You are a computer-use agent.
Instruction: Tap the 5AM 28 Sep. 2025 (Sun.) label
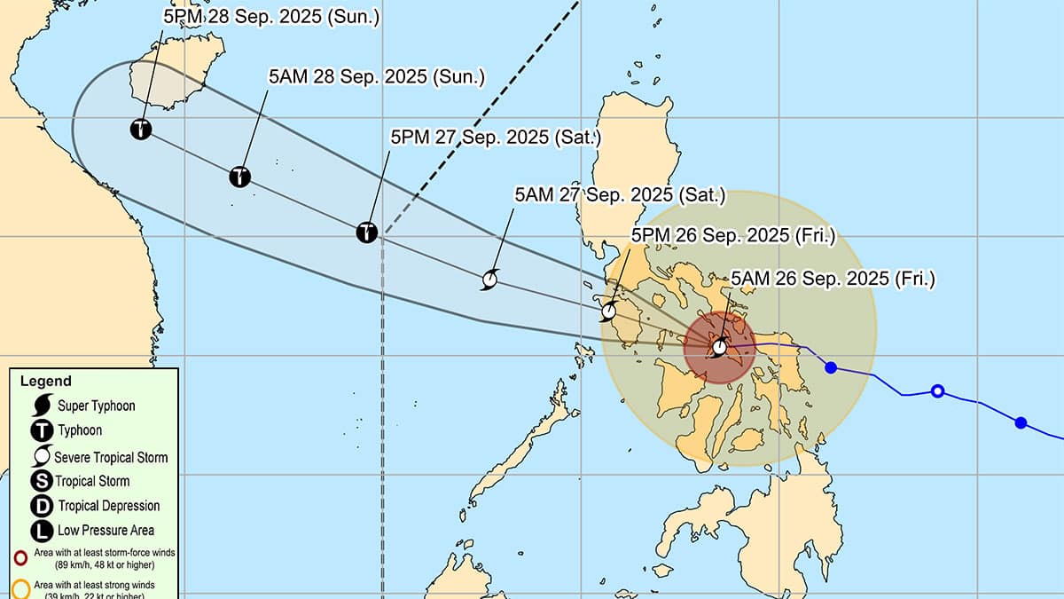tap(377, 77)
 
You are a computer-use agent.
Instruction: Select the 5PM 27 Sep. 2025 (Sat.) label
tap(497, 138)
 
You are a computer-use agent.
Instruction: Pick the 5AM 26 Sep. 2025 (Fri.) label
tap(833, 279)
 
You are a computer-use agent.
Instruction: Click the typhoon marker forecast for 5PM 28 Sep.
tap(140, 130)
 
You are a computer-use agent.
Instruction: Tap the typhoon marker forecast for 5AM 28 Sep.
tap(239, 177)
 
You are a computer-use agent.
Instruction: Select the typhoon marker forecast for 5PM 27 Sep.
tap(367, 233)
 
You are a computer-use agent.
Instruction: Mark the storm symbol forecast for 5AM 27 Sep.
tap(489, 280)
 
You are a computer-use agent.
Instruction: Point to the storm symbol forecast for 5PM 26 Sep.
tap(609, 311)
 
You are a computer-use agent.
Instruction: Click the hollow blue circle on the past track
tap(937, 391)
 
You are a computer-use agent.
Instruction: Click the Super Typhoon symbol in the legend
tap(42, 406)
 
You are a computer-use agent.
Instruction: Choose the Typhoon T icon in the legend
tap(42, 431)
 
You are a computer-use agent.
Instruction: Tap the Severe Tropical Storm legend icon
tap(42, 456)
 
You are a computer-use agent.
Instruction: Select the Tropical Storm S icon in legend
tap(42, 481)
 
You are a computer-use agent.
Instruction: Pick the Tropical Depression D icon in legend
tap(42, 506)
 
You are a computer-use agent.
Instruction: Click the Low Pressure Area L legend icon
tap(42, 531)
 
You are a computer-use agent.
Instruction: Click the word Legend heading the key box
tap(46, 382)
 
